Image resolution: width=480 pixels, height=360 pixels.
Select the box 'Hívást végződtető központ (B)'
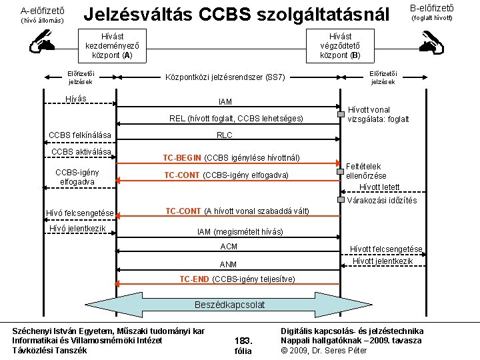tap(340, 45)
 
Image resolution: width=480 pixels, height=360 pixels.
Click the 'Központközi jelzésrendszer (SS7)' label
tap(225, 77)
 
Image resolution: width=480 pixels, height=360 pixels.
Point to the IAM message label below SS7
tap(225, 101)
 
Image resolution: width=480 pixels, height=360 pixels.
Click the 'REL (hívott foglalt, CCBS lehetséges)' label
tap(236, 119)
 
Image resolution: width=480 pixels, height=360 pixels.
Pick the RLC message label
tap(225, 135)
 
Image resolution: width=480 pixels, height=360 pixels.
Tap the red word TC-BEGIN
tap(182, 158)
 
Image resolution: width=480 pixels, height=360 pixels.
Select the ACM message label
tap(228, 247)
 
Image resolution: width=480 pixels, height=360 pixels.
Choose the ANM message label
tap(228, 264)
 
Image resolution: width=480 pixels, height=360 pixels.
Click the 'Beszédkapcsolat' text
tap(229, 305)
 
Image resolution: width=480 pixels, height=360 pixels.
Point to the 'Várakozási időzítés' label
tap(382, 200)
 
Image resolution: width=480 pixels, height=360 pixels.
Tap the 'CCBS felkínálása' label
tap(79, 136)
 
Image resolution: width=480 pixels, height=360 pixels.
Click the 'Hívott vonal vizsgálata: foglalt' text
tap(378, 115)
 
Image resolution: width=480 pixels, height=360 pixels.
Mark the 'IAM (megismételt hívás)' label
tap(239, 231)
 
